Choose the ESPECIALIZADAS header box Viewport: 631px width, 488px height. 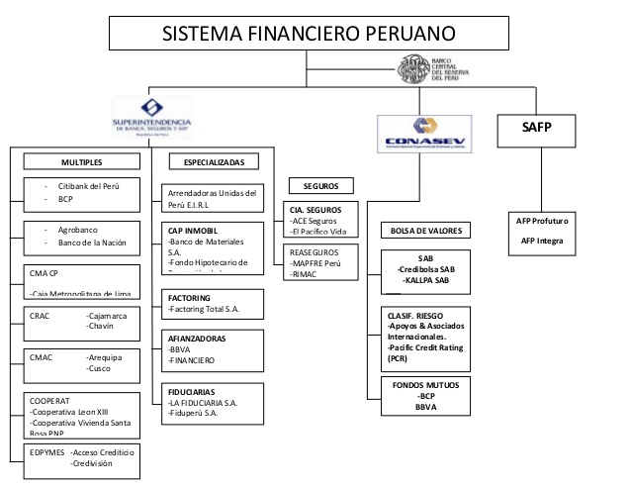point(214,161)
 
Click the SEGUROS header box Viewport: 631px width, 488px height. point(315,185)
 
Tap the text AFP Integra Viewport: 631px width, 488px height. point(541,242)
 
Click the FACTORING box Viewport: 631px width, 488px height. point(214,303)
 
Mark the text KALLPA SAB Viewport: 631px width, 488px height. point(428,280)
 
